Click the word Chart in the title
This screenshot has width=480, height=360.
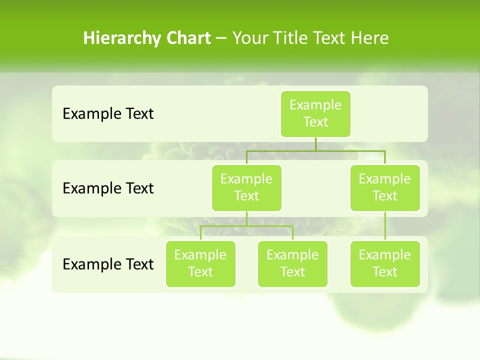[x=188, y=38]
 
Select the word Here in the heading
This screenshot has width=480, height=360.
[x=370, y=38]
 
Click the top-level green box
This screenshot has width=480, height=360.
[x=315, y=113]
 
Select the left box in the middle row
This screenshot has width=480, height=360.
[x=246, y=187]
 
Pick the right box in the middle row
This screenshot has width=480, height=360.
[x=385, y=187]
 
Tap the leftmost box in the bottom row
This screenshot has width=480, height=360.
[x=200, y=263]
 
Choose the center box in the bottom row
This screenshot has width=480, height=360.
[x=292, y=263]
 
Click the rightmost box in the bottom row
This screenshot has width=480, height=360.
[x=385, y=263]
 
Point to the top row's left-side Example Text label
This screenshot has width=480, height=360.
[x=108, y=114]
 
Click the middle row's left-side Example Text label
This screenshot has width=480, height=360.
[x=108, y=188]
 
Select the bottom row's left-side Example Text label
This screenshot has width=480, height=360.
[x=108, y=264]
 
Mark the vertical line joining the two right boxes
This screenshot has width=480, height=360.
[x=385, y=226]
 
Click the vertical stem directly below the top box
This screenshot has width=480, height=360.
[x=315, y=144]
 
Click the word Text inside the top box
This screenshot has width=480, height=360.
[x=315, y=122]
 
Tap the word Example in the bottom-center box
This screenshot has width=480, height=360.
[x=292, y=255]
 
